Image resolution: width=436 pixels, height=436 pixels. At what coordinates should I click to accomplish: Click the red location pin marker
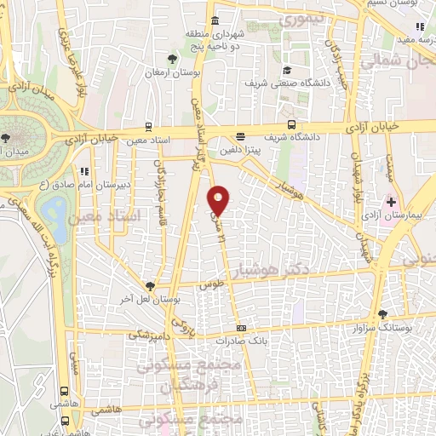click(x=219, y=201)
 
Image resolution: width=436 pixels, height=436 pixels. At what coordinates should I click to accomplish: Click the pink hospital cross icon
click(x=392, y=202)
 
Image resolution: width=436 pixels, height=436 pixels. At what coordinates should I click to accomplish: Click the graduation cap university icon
click(x=287, y=70)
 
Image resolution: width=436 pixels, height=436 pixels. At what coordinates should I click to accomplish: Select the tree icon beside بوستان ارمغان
click(x=174, y=59)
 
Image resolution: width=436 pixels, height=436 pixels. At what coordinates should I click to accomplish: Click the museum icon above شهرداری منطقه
click(x=213, y=20)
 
